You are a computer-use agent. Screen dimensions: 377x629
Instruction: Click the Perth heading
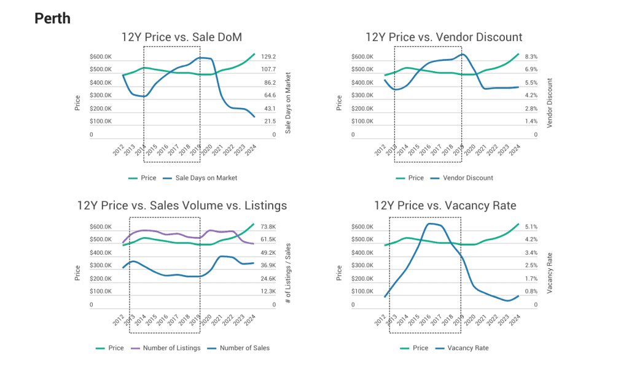coord(52,18)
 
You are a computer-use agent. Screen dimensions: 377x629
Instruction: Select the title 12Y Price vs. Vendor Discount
coord(443,37)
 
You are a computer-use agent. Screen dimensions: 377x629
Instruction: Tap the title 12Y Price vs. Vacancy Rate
coord(445,205)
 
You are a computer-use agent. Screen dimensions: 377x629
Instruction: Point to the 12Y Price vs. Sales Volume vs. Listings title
coord(182,205)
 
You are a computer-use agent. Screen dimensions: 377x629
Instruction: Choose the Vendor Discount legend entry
coord(462,178)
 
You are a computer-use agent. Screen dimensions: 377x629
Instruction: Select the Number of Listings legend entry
coord(171,348)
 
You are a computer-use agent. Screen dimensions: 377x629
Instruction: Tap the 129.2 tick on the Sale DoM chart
coord(269,56)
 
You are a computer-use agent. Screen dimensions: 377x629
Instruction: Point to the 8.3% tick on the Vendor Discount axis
coord(531,56)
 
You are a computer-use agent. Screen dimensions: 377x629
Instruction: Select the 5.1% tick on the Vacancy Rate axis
coord(531,227)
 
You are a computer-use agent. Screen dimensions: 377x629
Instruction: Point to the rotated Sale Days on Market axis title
coord(287,104)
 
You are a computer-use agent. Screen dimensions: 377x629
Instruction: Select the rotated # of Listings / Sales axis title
coord(287,273)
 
